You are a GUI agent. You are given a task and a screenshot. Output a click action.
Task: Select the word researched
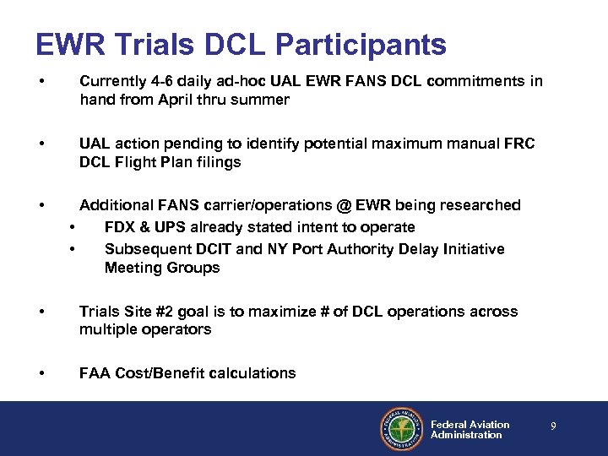tap(478, 205)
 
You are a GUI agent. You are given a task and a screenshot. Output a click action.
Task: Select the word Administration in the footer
tap(466, 435)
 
